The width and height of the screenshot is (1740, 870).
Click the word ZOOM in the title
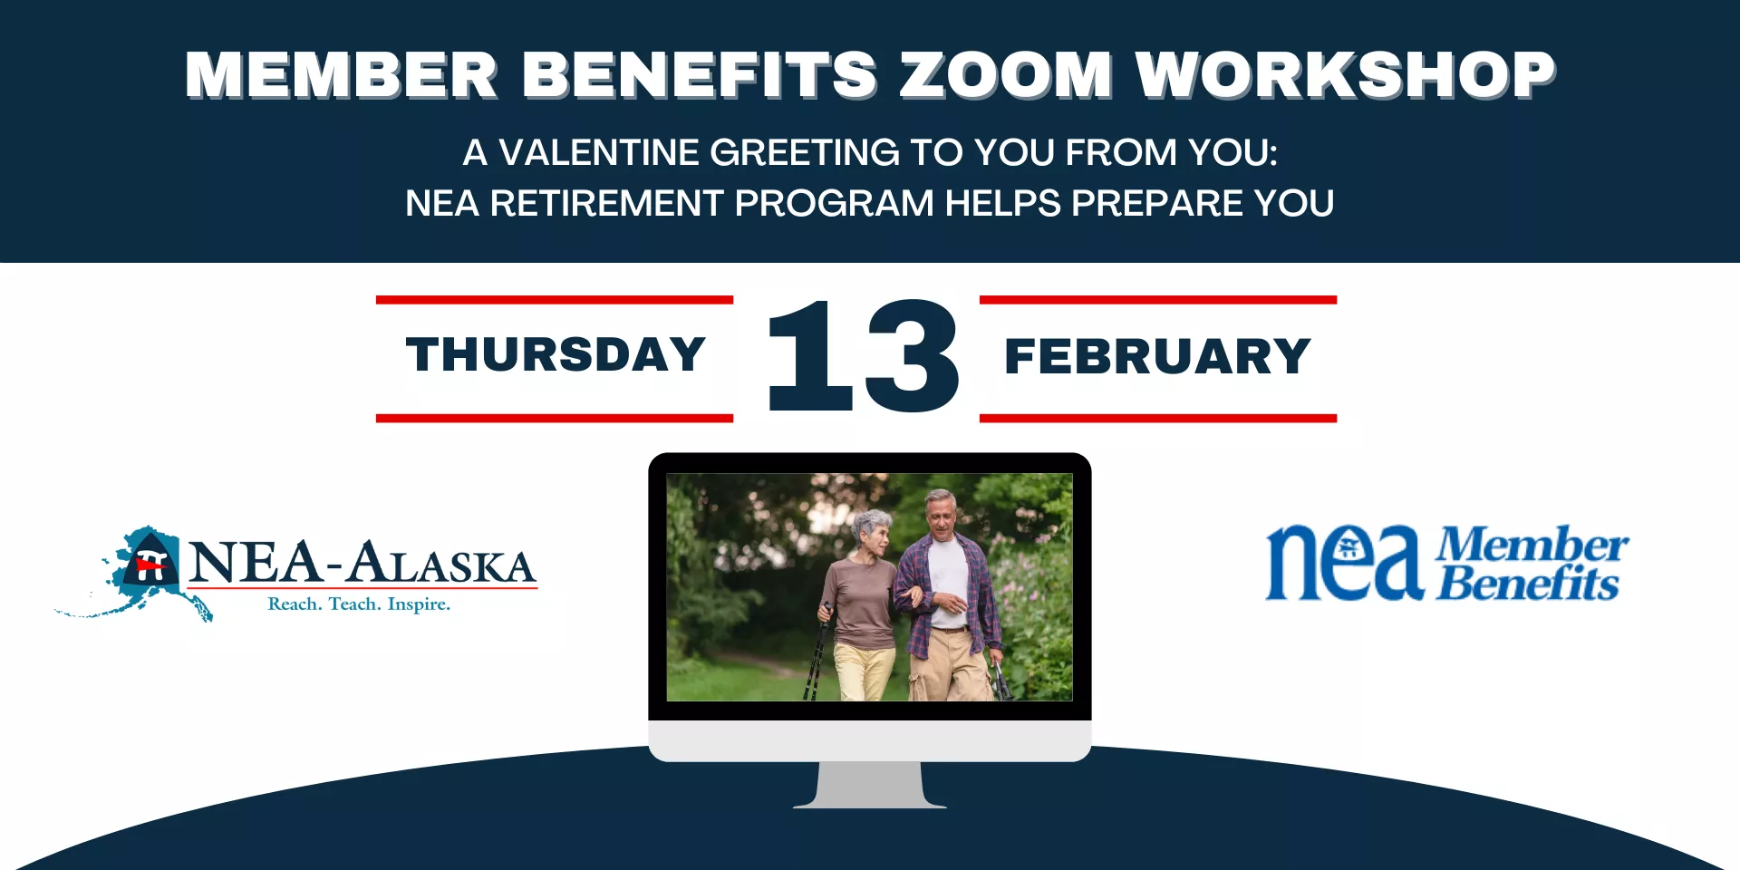tap(1006, 74)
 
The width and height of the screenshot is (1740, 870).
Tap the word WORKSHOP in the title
tap(1346, 74)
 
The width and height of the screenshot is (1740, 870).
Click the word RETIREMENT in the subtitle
tap(606, 203)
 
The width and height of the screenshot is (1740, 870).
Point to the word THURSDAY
tap(556, 354)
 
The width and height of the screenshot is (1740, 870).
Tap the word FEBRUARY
tap(1157, 356)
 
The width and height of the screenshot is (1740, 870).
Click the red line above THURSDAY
tap(555, 300)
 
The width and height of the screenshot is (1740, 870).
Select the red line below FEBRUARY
tap(1158, 418)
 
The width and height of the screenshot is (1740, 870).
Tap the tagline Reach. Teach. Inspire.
tap(359, 604)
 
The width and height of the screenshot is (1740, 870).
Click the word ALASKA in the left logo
tap(442, 564)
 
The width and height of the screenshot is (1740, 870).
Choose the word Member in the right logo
tap(1532, 544)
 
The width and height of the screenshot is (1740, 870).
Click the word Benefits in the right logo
tap(1528, 585)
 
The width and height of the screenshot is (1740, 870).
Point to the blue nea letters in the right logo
tap(1343, 564)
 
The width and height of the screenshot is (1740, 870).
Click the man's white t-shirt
tap(948, 580)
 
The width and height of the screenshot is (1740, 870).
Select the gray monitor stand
tap(870, 784)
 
